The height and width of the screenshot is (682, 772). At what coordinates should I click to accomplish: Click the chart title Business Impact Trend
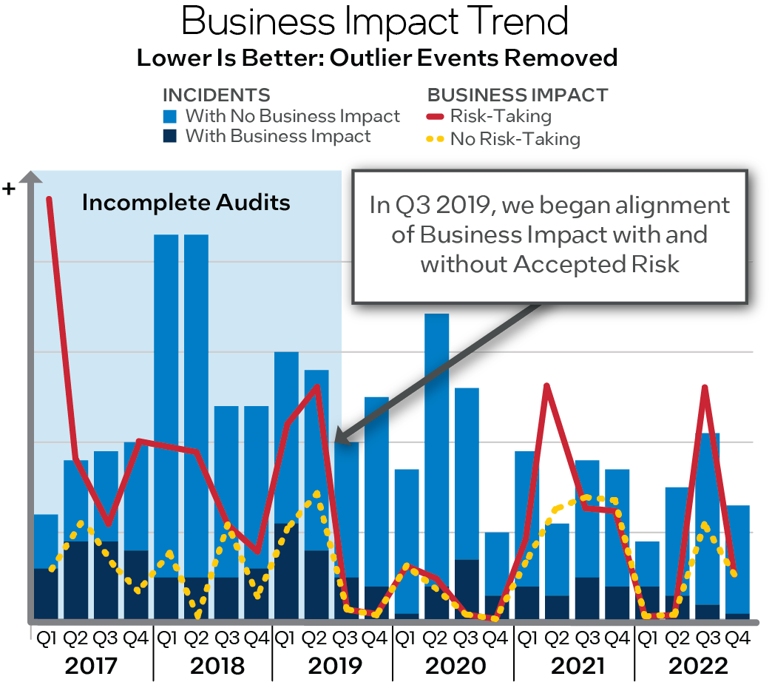(376, 22)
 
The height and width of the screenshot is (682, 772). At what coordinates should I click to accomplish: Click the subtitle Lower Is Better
(377, 58)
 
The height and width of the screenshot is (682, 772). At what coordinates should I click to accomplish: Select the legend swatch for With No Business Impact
(171, 116)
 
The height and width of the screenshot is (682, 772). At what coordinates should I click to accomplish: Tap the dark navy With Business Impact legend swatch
(171, 136)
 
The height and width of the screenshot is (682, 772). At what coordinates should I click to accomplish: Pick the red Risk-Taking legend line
(436, 116)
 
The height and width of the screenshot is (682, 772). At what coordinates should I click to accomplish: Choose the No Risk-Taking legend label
(515, 138)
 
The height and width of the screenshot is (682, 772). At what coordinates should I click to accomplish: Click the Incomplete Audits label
(186, 203)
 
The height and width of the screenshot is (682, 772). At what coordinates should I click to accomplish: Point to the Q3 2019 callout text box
(549, 235)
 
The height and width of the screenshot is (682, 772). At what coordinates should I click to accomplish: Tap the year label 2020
(453, 665)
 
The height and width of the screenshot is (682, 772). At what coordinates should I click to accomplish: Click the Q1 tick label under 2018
(166, 637)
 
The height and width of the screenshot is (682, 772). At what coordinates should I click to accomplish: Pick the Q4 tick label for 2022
(737, 637)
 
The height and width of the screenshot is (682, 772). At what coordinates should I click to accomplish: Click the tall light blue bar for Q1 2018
(166, 370)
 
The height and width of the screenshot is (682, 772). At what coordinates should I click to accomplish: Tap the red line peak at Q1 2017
(49, 200)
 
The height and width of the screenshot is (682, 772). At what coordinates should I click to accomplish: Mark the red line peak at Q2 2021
(546, 386)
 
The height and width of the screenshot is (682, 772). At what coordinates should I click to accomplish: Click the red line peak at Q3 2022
(705, 388)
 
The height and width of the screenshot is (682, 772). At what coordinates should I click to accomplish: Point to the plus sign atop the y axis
(10, 189)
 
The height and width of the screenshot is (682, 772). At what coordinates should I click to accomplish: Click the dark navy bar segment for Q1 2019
(286, 570)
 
